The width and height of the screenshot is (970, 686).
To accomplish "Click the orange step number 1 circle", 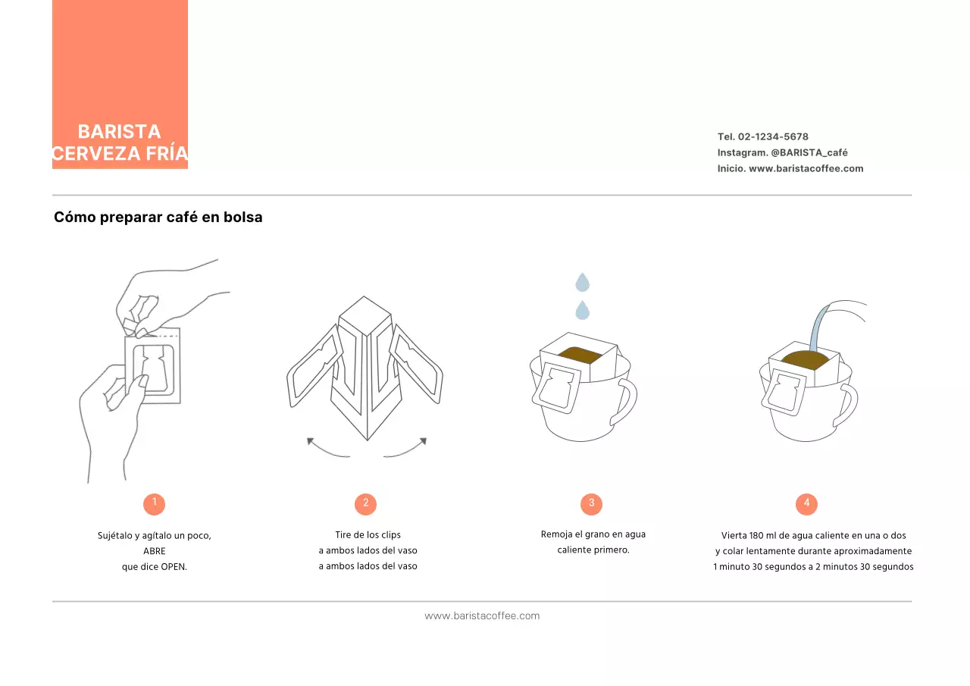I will (154, 503).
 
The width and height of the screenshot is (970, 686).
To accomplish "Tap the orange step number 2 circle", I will (365, 503).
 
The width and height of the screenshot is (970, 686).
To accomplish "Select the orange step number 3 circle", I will (591, 503).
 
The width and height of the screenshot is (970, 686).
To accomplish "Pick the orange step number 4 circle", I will (806, 503).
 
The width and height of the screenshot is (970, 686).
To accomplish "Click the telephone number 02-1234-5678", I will (773, 137).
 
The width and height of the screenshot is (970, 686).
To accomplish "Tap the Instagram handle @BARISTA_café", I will (809, 153).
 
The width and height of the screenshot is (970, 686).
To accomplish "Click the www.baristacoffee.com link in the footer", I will (482, 616).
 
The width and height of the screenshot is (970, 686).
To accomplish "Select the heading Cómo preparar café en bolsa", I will (158, 218).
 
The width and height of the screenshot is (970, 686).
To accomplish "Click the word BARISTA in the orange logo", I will (119, 132).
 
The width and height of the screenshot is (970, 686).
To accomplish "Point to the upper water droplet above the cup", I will (582, 283).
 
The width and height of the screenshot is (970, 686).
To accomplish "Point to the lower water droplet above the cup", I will (582, 310).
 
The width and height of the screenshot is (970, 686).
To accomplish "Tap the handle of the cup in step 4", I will (847, 406).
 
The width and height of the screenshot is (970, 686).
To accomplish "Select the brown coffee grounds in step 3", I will (580, 354).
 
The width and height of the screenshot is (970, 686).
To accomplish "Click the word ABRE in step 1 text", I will (154, 551).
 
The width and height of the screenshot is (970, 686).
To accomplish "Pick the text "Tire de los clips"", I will (368, 535).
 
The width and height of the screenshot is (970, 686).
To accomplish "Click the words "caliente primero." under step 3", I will (593, 550).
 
